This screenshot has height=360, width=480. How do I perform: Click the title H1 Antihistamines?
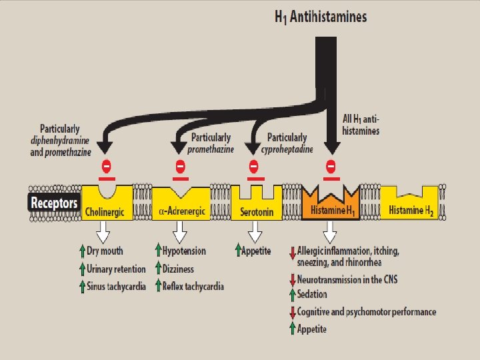[x=321, y=17]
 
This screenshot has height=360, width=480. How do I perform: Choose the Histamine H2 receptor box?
[x=411, y=203]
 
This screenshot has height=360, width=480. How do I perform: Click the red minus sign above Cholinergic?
[x=106, y=165]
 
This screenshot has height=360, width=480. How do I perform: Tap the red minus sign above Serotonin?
[x=253, y=165]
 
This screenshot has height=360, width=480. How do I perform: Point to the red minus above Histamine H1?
[x=331, y=165]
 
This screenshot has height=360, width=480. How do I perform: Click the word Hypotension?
[x=185, y=251]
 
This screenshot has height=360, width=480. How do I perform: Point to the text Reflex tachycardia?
[x=193, y=286]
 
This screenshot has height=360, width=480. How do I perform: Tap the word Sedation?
[x=312, y=295]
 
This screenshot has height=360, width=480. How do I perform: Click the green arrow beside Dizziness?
[x=158, y=269]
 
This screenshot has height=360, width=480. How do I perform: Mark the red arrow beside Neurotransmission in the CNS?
[x=292, y=280]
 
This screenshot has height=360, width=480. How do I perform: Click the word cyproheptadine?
[x=289, y=149]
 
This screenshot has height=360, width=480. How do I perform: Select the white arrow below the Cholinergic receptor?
[x=103, y=232]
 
